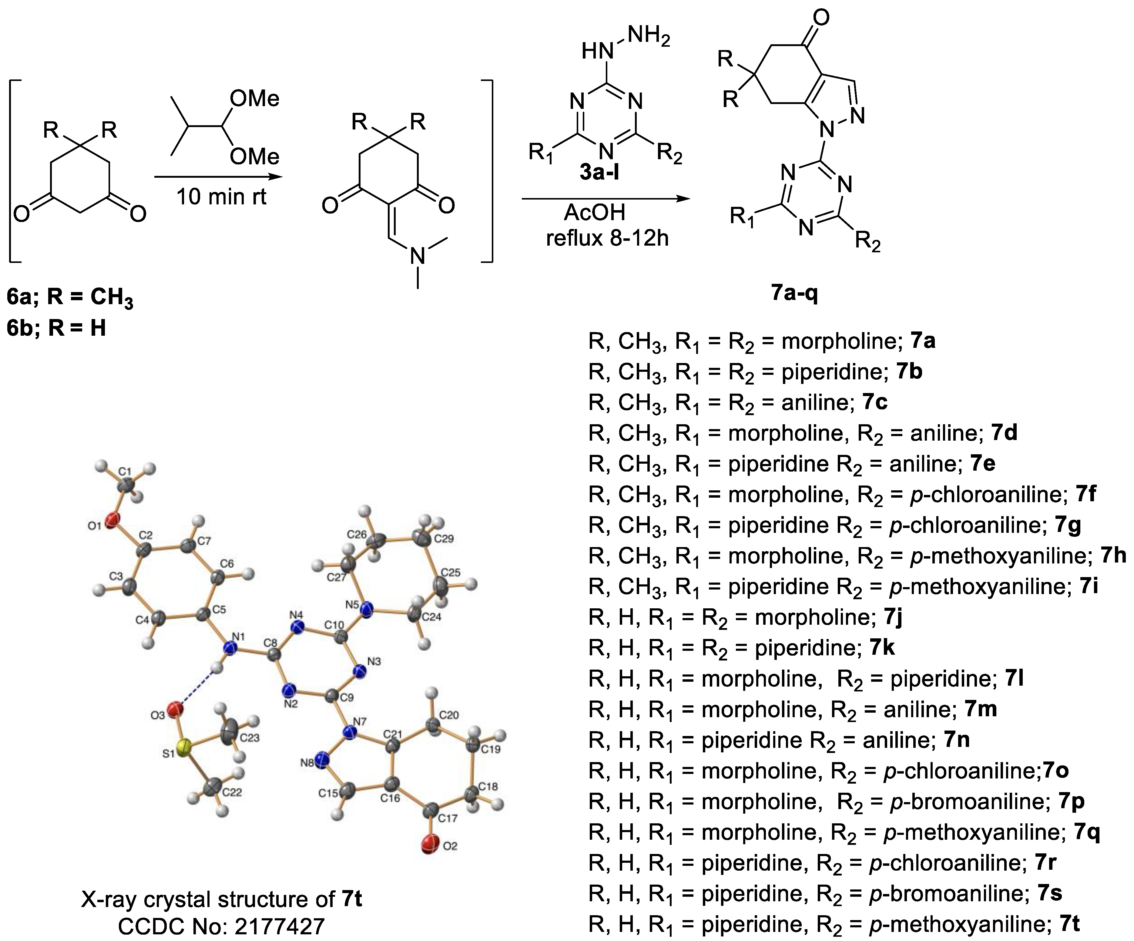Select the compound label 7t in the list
click(x=1069, y=924)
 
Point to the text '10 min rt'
click(x=221, y=197)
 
